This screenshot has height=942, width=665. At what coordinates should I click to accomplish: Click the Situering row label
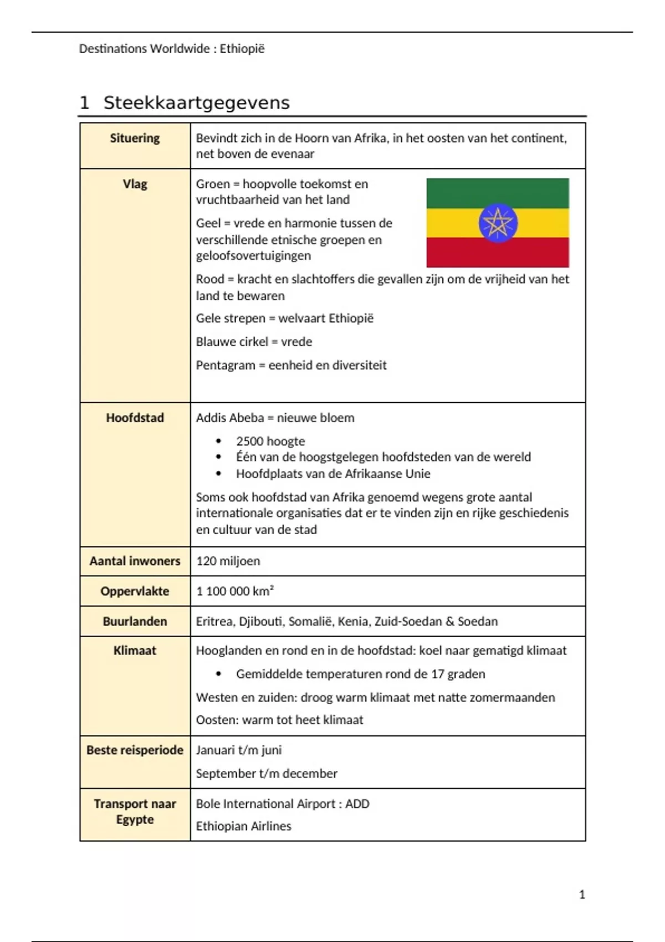point(135,138)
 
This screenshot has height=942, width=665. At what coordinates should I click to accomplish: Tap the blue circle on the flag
point(498,223)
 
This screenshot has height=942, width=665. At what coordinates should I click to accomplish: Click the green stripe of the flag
point(497,192)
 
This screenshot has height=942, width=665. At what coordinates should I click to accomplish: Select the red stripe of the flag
point(497,253)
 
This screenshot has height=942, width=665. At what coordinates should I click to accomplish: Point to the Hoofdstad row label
point(135,418)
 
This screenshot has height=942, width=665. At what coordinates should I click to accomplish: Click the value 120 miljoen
point(228,561)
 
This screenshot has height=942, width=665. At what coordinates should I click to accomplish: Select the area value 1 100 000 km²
point(235,591)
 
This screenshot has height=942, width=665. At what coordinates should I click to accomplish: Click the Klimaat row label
point(135,651)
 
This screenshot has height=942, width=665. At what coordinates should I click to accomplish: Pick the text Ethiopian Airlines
point(243,826)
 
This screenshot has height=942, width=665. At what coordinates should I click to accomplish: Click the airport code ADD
point(357,803)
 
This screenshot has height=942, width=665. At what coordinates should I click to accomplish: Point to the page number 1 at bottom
point(582,894)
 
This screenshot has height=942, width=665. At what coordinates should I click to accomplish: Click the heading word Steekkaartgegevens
point(196,103)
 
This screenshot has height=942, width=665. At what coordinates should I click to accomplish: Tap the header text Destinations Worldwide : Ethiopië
point(172,49)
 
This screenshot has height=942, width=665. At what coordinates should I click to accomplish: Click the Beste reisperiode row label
point(135,750)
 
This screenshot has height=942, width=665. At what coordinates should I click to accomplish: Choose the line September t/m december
point(267,774)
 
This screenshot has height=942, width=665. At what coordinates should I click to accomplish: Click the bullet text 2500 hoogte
point(270,441)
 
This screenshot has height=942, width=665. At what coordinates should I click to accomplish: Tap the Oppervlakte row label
point(135,591)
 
